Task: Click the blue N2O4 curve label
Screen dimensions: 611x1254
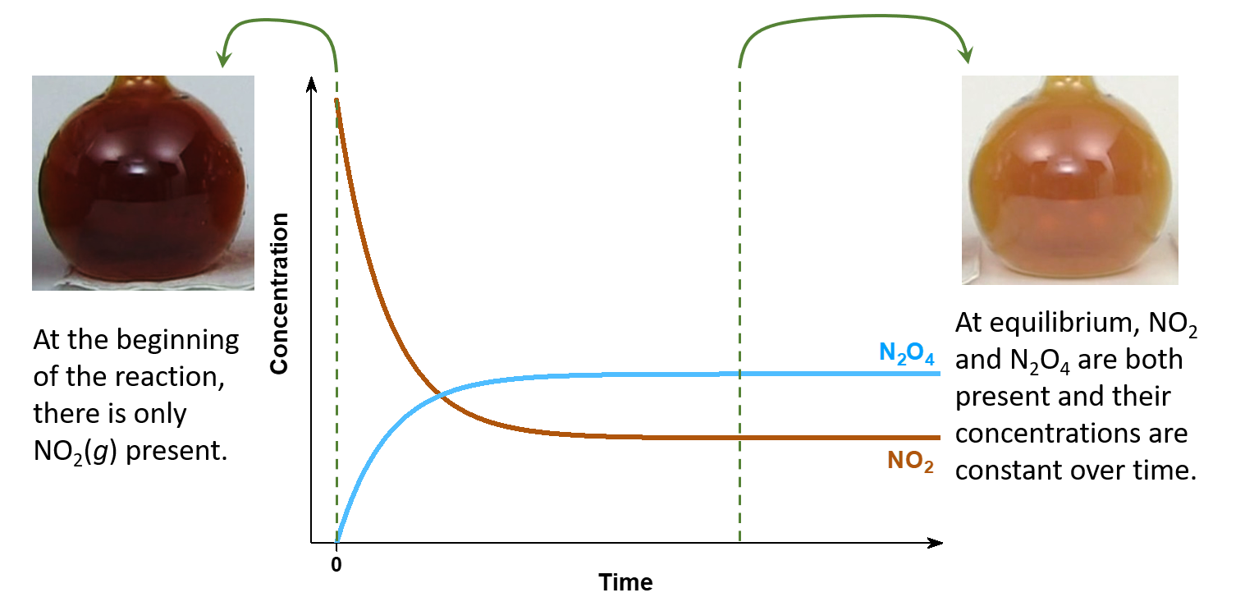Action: [907, 353]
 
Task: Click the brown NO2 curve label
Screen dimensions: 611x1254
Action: [910, 462]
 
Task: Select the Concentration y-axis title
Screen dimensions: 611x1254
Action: [280, 293]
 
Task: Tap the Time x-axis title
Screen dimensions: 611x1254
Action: [625, 582]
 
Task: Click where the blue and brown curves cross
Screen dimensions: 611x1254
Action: [442, 395]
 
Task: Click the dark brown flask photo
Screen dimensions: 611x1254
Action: [143, 182]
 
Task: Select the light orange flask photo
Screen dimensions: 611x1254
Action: [1069, 180]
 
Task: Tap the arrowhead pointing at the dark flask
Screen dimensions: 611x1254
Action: [222, 59]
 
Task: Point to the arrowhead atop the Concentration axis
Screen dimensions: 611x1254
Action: [310, 82]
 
